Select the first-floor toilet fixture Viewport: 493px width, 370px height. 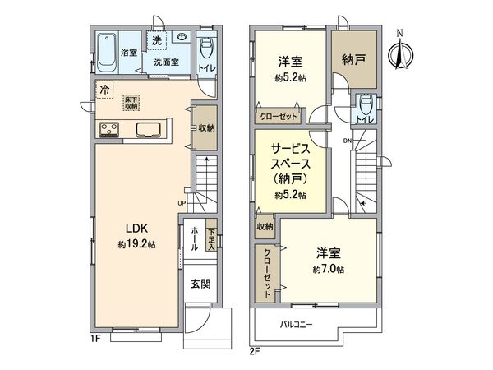point(207,50)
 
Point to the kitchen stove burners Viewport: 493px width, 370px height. point(110,129)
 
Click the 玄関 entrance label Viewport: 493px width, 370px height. point(200,284)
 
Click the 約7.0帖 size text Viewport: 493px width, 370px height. point(328,269)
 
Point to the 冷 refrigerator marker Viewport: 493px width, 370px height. point(104,88)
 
